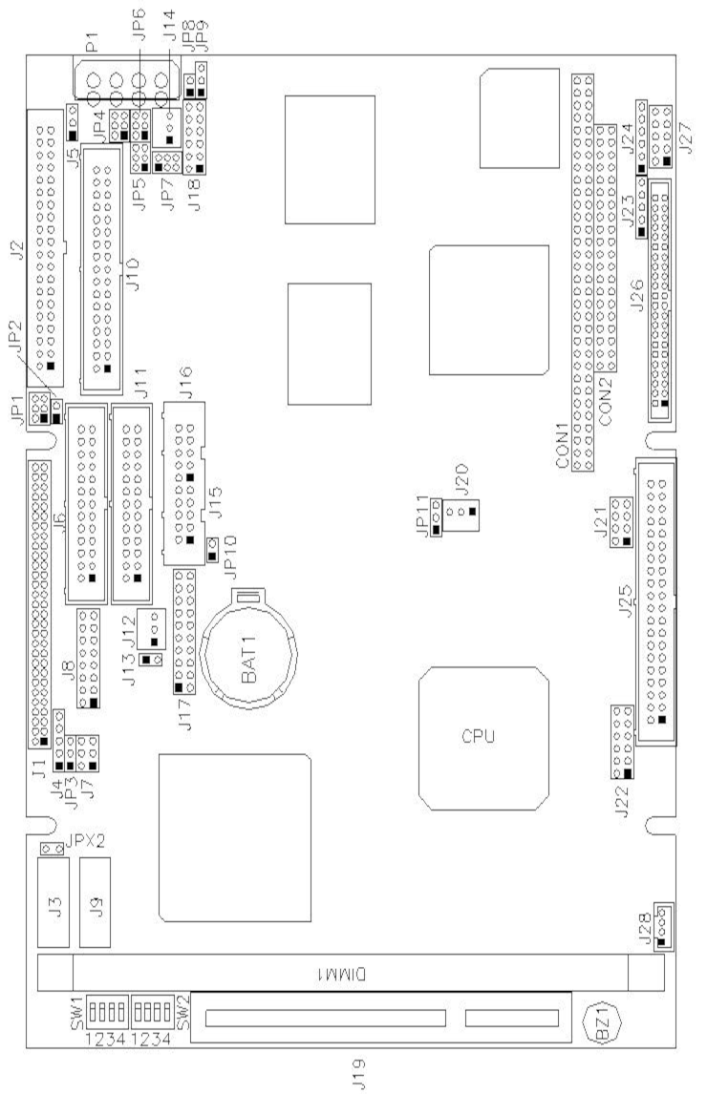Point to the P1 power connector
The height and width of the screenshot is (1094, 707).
125,80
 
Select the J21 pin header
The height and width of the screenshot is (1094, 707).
621,522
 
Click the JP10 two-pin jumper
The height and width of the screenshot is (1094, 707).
214,550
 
